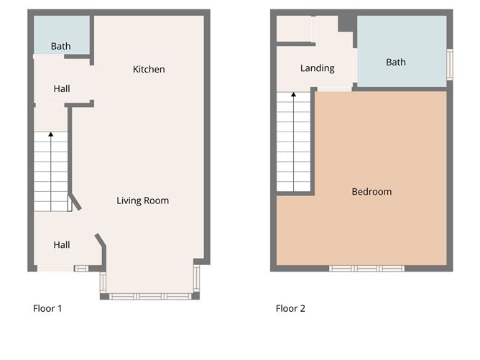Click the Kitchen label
tap(149, 70)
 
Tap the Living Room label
tap(142, 201)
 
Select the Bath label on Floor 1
tap(61, 47)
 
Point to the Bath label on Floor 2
tap(395, 63)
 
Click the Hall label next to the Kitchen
tap(62, 89)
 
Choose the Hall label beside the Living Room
tap(62, 245)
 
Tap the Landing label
tap(317, 69)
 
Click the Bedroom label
tap(371, 192)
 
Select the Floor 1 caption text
tap(47, 309)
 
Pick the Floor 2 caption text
tap(290, 309)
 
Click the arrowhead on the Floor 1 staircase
tap(50, 134)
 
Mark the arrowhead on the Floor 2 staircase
tap(293, 93)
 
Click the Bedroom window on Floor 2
tap(366, 269)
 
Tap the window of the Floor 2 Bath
tap(450, 64)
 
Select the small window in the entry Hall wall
tap(81, 269)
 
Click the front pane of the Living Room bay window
tap(149, 296)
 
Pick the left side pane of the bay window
tap(103, 283)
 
